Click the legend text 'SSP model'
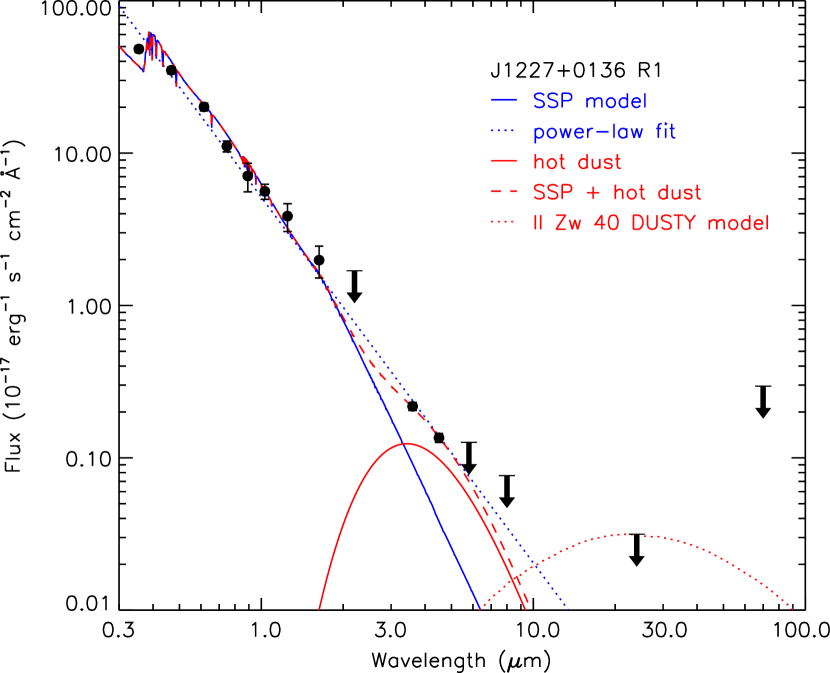pyautogui.click(x=590, y=102)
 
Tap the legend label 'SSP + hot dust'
pyautogui.click(x=616, y=193)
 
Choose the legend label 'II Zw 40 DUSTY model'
pyautogui.click(x=650, y=224)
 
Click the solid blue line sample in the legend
pyautogui.click(x=504, y=102)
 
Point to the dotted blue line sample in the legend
pyautogui.click(x=504, y=132)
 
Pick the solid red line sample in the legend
pyautogui.click(x=504, y=162)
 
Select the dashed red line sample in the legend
pyautogui.click(x=504, y=193)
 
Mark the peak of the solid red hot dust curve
pyautogui.click(x=405, y=442)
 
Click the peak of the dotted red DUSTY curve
pyautogui.click(x=625, y=534)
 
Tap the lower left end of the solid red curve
pyautogui.click(x=319, y=607)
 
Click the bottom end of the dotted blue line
pyautogui.click(x=568, y=608)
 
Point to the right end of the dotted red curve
pyautogui.click(x=793, y=607)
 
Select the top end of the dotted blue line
pyautogui.click(x=119, y=6)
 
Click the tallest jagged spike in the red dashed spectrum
pyautogui.click(x=151, y=34)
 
